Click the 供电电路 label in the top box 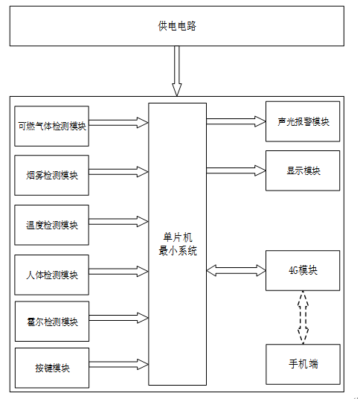click(x=177, y=26)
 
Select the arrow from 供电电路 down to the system click(x=177, y=71)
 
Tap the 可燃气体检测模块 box click(x=51, y=127)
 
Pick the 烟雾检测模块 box click(x=51, y=176)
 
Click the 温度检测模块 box click(x=51, y=225)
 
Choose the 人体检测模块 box click(x=51, y=275)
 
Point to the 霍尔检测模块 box click(x=52, y=322)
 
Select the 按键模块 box click(x=52, y=368)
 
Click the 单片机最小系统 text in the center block click(x=178, y=244)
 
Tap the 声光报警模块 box click(x=303, y=121)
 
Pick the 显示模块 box click(x=303, y=170)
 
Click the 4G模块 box click(x=303, y=270)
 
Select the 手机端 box click(x=303, y=365)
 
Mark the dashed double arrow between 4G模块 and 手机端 click(x=303, y=318)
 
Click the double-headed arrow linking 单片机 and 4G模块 click(x=236, y=270)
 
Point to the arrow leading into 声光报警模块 click(x=236, y=121)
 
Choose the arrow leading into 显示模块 click(x=236, y=170)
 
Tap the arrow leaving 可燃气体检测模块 click(x=119, y=123)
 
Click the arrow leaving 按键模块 click(x=119, y=365)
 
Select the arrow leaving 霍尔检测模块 click(x=119, y=318)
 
